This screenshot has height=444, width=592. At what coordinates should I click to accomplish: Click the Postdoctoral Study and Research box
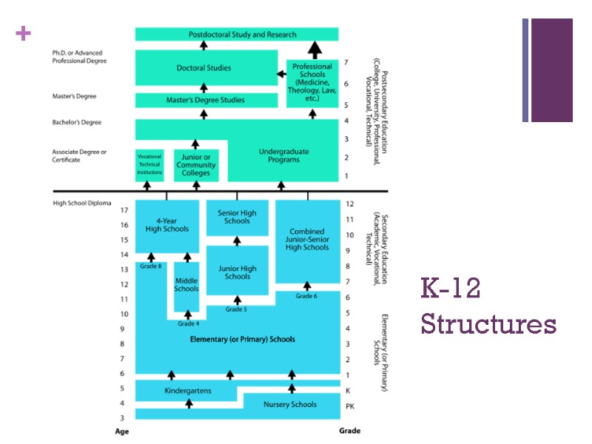click(x=237, y=34)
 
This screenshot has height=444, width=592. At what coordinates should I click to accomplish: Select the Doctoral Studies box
click(x=203, y=68)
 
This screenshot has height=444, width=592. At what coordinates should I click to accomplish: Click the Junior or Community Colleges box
click(x=195, y=164)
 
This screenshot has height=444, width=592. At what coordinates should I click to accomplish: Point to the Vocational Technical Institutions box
click(x=149, y=164)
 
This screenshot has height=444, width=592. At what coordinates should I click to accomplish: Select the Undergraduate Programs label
click(x=283, y=156)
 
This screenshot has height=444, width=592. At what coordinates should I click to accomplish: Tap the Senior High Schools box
click(x=237, y=217)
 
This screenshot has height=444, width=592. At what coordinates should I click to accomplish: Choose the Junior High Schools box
click(x=237, y=272)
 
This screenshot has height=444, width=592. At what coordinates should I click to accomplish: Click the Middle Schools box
click(x=186, y=284)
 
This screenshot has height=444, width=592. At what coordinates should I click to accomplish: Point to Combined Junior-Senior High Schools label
click(x=307, y=239)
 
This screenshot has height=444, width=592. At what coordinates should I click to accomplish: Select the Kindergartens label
click(x=187, y=390)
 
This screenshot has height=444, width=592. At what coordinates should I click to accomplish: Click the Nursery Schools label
click(x=290, y=404)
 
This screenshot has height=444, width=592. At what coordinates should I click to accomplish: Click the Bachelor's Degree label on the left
click(x=76, y=122)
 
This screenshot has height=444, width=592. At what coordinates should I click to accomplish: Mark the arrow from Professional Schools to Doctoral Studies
click(x=281, y=73)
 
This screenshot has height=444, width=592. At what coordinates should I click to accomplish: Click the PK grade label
click(x=350, y=406)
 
